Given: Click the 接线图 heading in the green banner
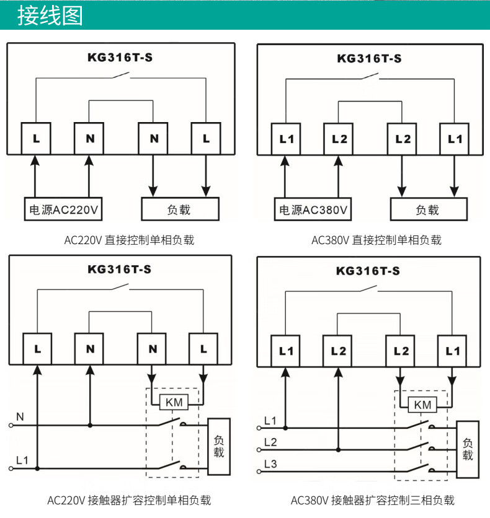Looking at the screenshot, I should (50, 15).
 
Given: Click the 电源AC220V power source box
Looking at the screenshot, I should (63, 209).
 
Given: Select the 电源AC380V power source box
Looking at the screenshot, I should (313, 209).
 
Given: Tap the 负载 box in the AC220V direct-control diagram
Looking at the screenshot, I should (180, 209).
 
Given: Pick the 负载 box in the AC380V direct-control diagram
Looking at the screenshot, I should (428, 209).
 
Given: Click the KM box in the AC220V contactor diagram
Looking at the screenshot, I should (175, 403).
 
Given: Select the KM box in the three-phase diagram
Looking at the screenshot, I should (422, 405).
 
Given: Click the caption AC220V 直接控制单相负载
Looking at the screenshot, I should (129, 240).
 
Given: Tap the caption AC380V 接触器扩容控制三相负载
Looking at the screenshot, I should (372, 499).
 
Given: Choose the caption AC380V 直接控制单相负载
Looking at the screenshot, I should (376, 240).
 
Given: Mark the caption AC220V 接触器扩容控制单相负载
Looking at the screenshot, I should (129, 499).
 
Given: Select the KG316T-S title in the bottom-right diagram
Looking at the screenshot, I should (368, 271).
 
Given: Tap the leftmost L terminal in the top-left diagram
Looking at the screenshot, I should (36, 138).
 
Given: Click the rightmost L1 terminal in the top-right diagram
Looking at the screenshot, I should (455, 139).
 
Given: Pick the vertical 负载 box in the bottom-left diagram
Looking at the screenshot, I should (218, 446).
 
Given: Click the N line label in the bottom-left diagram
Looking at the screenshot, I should (20, 418).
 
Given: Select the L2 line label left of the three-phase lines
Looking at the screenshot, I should (270, 442).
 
